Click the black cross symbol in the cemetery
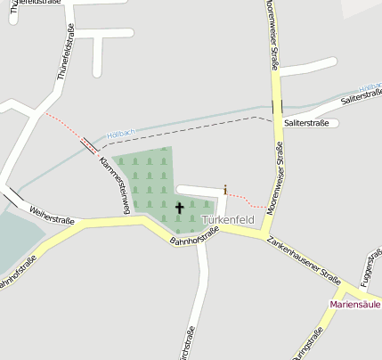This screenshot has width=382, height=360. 179,208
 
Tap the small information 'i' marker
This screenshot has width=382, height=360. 225,189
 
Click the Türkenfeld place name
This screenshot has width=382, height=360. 228,219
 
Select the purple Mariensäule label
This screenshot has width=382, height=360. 355,304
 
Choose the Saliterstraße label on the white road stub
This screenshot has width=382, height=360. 306,122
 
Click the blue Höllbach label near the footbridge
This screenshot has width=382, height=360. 120,135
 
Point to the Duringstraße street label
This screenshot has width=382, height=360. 307,343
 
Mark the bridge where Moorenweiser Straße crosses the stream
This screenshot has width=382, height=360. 277,106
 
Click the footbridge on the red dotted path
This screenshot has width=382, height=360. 89,144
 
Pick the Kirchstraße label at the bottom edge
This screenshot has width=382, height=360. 189,345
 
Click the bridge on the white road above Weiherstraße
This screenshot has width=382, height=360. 12,196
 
